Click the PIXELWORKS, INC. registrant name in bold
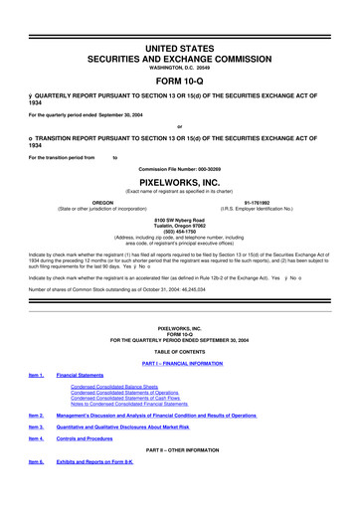[x=180, y=156]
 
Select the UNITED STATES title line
[x=180, y=20]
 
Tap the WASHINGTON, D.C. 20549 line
[x=180, y=41]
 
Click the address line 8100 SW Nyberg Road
[x=180, y=191]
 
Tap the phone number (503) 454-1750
[x=180, y=204]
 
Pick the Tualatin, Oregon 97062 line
[x=180, y=198]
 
